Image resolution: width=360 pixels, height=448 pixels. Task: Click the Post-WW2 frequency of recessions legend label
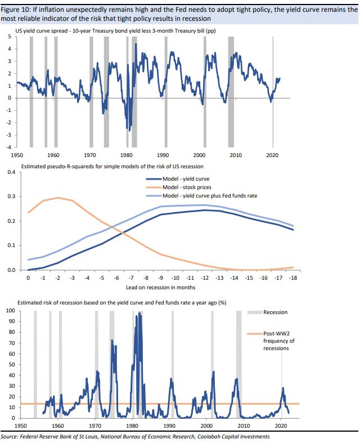pos(279,341)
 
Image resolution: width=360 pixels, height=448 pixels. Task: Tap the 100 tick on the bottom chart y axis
pos(10,311)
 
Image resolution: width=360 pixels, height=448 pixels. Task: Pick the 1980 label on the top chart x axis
pos(126,154)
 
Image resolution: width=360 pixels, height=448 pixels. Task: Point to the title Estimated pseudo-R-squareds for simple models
pos(112,167)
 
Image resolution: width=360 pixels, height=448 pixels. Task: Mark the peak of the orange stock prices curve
pos(57,198)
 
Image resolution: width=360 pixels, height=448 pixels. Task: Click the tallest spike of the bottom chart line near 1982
pos(139,313)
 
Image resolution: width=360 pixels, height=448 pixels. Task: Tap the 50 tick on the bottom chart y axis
pos(12,365)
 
